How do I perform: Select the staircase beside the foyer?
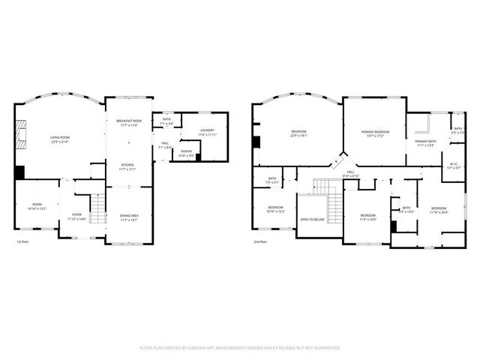tap(97, 208)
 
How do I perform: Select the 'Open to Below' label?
tap(312, 220)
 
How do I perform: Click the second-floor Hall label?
tap(349, 173)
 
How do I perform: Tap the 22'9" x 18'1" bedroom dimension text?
tap(299, 136)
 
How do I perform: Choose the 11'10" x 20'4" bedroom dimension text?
tap(437, 212)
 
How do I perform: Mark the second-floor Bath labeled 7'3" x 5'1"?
tap(271, 180)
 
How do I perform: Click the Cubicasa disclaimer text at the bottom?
tap(240, 347)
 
